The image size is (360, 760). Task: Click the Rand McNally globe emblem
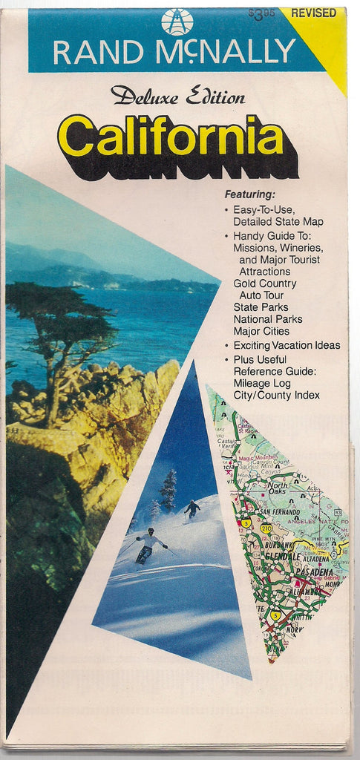[177, 22]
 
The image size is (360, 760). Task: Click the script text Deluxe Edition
[177, 96]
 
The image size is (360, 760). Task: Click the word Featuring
[249, 194]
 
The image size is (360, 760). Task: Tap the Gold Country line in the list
[264, 283]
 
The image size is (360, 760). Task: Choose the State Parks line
[261, 307]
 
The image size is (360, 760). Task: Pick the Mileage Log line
[262, 383]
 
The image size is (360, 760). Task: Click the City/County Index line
[276, 395]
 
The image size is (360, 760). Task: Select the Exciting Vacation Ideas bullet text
[287, 345]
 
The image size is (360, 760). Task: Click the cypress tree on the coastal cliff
[63, 334]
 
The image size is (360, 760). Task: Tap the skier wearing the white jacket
[149, 544]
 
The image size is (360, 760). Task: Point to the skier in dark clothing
[192, 508]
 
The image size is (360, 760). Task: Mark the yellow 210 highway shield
[265, 527]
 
